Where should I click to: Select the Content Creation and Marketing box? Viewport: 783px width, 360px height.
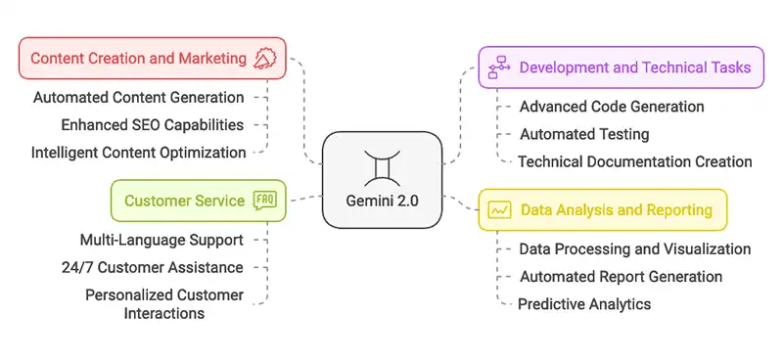[x=152, y=59]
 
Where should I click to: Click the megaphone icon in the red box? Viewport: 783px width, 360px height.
[x=264, y=59]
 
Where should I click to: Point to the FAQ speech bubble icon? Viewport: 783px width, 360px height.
[x=264, y=201]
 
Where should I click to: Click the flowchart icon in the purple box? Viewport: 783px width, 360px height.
[x=499, y=67]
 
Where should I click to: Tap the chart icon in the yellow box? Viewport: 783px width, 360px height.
[x=499, y=209]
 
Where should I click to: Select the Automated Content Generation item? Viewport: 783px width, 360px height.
[x=138, y=98]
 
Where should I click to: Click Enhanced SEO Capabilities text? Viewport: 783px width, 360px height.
[x=138, y=125]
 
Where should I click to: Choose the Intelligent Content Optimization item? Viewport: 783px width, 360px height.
[x=138, y=153]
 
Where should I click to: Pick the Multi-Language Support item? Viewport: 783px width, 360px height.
[x=161, y=240]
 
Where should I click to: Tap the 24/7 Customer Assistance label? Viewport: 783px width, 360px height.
[x=161, y=267]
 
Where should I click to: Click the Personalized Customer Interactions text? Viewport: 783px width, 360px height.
[x=163, y=303]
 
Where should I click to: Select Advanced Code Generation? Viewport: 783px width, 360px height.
[x=612, y=107]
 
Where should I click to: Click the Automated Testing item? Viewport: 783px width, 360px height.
[x=583, y=134]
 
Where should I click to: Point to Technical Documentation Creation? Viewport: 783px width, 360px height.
[x=634, y=161]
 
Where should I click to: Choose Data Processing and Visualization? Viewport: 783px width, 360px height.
[x=634, y=249]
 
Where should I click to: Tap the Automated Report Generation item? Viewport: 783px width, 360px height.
[x=621, y=277]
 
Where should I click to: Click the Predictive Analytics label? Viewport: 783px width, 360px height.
[x=584, y=304]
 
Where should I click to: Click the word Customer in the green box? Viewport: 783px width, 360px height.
[x=158, y=201]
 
